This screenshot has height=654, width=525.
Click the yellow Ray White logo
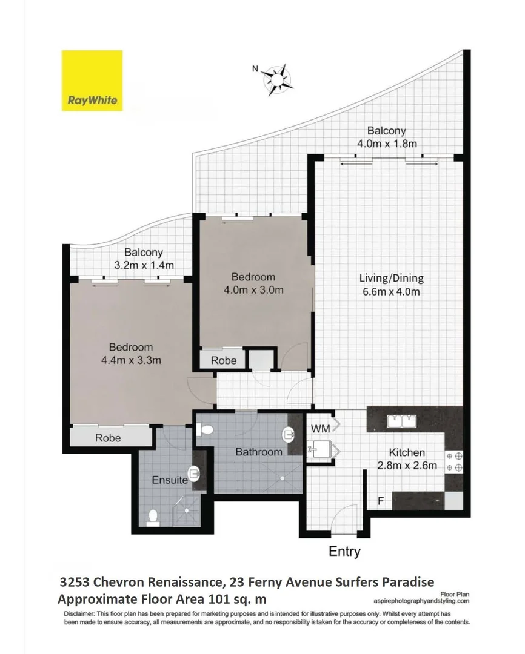coord(92,81)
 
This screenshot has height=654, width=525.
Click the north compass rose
coord(278,79)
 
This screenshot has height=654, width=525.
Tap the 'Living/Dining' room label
coord(391,279)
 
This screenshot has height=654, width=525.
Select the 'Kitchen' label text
coord(407,452)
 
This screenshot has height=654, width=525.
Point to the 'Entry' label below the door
coord(344,551)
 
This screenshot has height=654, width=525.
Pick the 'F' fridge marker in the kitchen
coord(381,501)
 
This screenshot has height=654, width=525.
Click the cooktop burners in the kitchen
coord(454,461)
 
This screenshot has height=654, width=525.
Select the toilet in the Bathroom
coord(205,429)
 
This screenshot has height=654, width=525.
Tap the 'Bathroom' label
coord(259,452)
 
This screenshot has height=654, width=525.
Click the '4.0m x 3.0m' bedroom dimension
coord(254,290)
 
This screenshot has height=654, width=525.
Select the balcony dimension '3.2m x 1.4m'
coord(144,265)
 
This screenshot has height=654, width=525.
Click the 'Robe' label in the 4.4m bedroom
coord(108,438)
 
